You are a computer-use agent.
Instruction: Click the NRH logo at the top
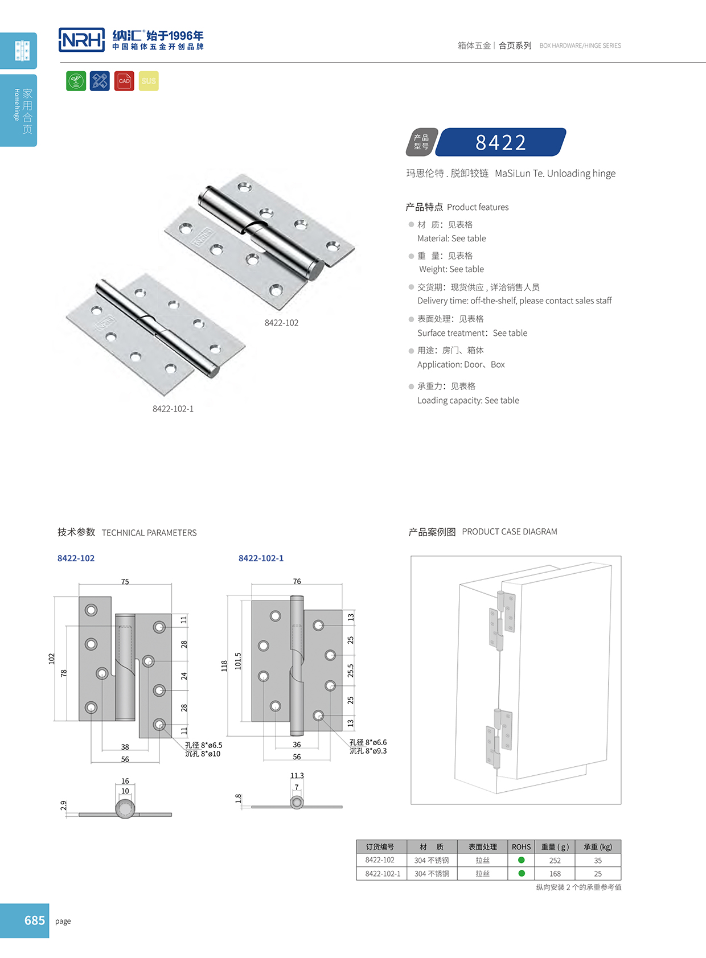(x=82, y=40)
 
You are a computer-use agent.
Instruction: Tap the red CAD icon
(x=124, y=81)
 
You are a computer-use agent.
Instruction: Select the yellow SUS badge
(x=149, y=81)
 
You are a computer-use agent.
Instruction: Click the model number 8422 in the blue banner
(x=500, y=142)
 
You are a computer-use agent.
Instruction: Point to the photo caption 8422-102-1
(x=173, y=409)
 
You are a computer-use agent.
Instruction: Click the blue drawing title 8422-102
(x=76, y=558)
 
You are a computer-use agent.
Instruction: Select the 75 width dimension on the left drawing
(x=125, y=582)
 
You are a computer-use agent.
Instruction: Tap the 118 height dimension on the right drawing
(x=224, y=666)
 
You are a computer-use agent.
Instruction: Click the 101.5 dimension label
(x=238, y=661)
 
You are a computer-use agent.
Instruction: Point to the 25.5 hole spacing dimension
(x=351, y=671)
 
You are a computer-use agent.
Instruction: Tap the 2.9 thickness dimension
(x=64, y=805)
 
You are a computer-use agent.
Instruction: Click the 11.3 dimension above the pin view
(x=297, y=776)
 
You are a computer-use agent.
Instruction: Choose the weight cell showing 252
(x=555, y=861)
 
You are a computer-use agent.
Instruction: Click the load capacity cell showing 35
(x=598, y=861)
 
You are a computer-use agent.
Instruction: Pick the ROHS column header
(x=521, y=847)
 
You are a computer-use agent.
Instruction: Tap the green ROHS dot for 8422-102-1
(x=522, y=873)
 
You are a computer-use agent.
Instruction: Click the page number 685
(x=35, y=920)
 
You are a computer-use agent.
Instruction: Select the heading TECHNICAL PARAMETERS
(x=149, y=533)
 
